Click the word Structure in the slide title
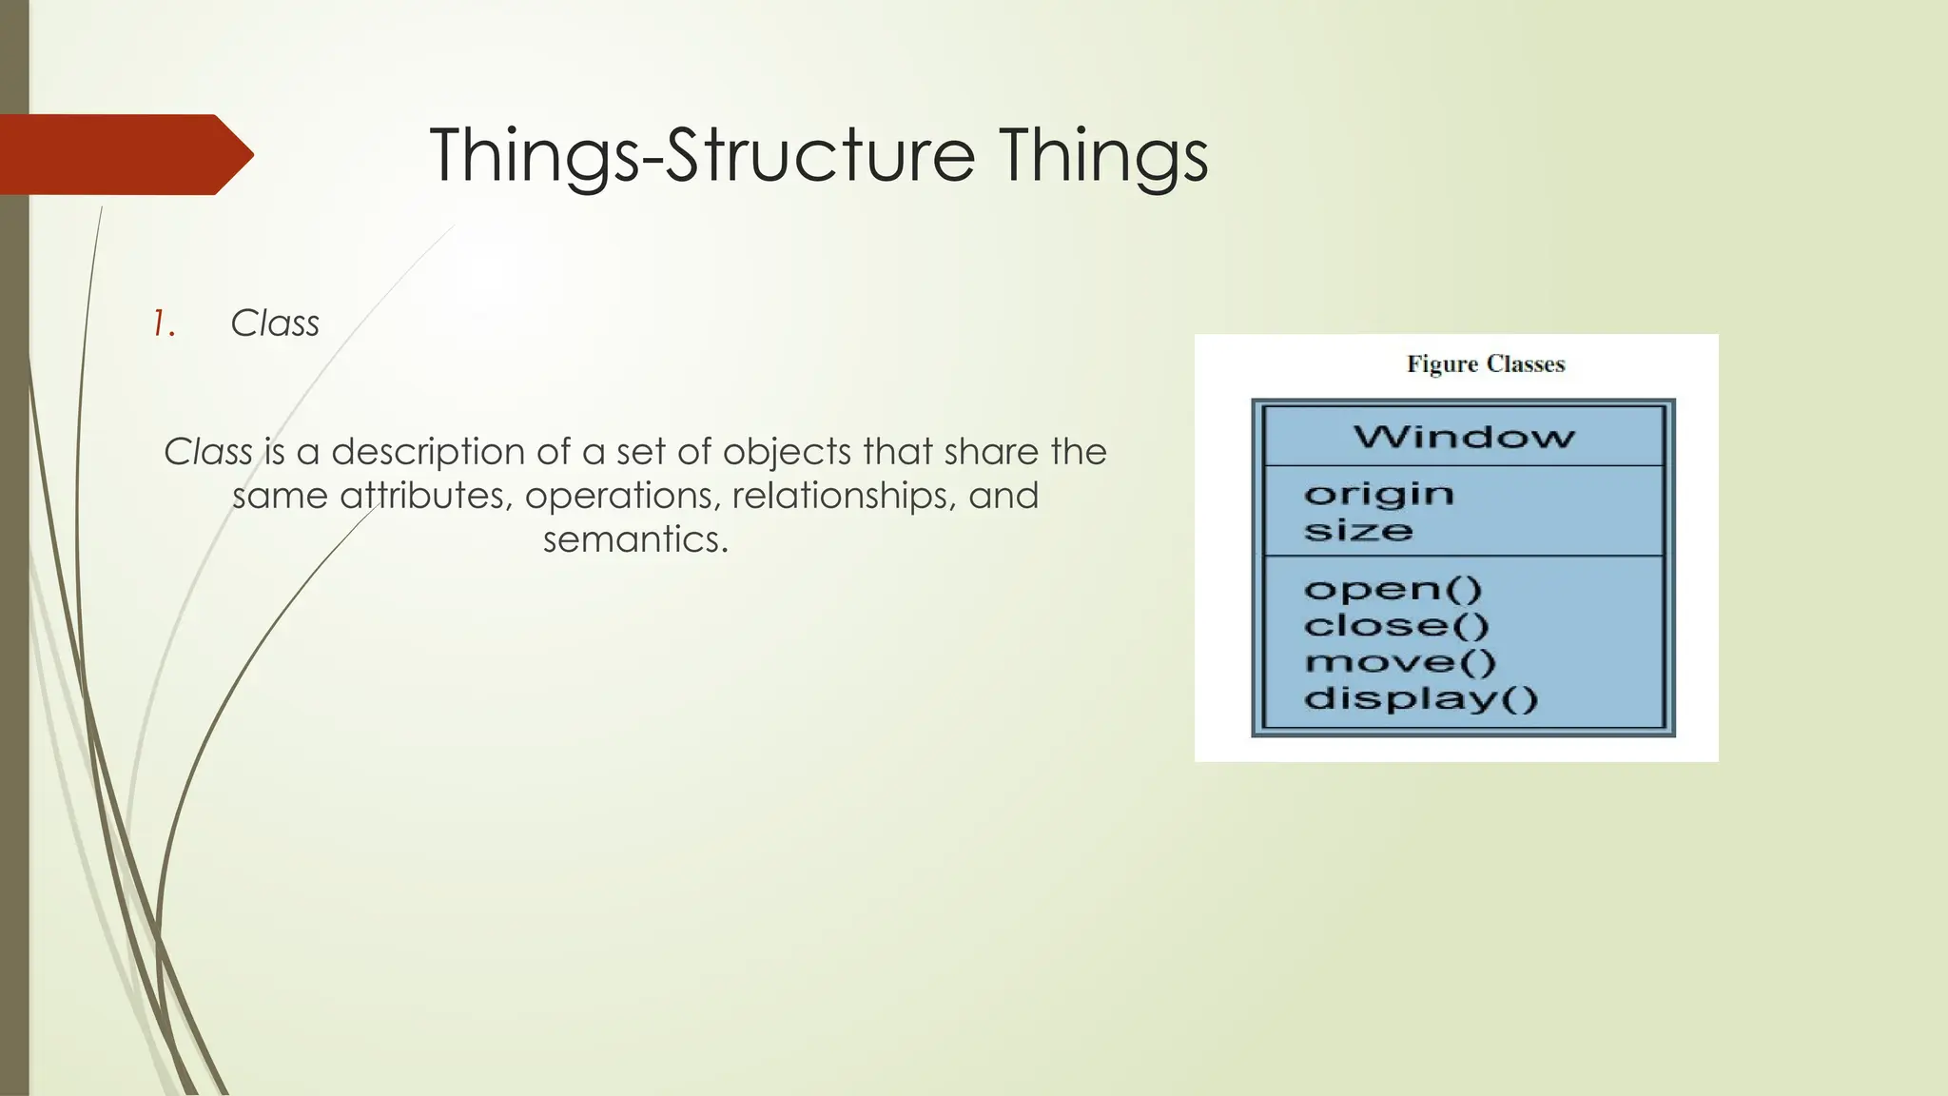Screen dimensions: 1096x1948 [820, 155]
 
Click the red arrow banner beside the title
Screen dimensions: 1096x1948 [124, 154]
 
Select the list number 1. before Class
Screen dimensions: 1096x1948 [165, 324]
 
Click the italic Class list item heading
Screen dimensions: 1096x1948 [275, 323]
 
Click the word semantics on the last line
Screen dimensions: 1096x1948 [634, 539]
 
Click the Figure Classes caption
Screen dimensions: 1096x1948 [1485, 364]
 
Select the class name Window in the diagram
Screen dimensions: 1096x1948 [1464, 437]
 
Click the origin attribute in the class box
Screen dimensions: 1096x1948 [1378, 494]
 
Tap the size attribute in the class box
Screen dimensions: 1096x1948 [1357, 530]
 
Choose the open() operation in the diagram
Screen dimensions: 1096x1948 [1393, 589]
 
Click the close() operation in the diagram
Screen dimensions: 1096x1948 [1395, 625]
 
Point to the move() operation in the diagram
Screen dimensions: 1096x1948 [1399, 661]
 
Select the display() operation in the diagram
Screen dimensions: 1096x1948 [1420, 698]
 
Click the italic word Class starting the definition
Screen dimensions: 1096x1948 [208, 452]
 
